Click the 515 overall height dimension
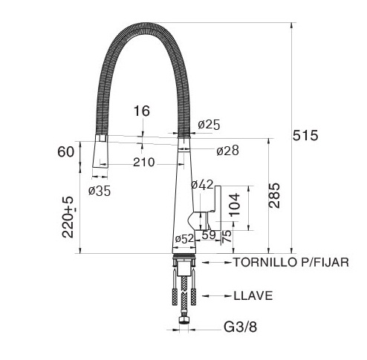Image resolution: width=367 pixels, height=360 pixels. (x=305, y=136)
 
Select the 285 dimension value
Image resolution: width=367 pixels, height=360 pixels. (x=274, y=195)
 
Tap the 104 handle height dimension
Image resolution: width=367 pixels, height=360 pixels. (x=234, y=204)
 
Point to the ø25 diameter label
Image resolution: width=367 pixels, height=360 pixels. (x=209, y=125)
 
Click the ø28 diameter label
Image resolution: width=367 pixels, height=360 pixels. (x=227, y=151)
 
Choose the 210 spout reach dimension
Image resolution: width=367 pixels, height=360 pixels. (x=144, y=163)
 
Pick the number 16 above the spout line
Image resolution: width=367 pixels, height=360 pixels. (x=142, y=111)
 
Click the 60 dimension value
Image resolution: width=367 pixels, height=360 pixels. (x=65, y=151)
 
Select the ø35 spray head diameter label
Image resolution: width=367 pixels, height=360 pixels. (x=100, y=191)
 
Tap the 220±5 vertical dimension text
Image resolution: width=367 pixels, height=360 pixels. (x=68, y=217)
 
